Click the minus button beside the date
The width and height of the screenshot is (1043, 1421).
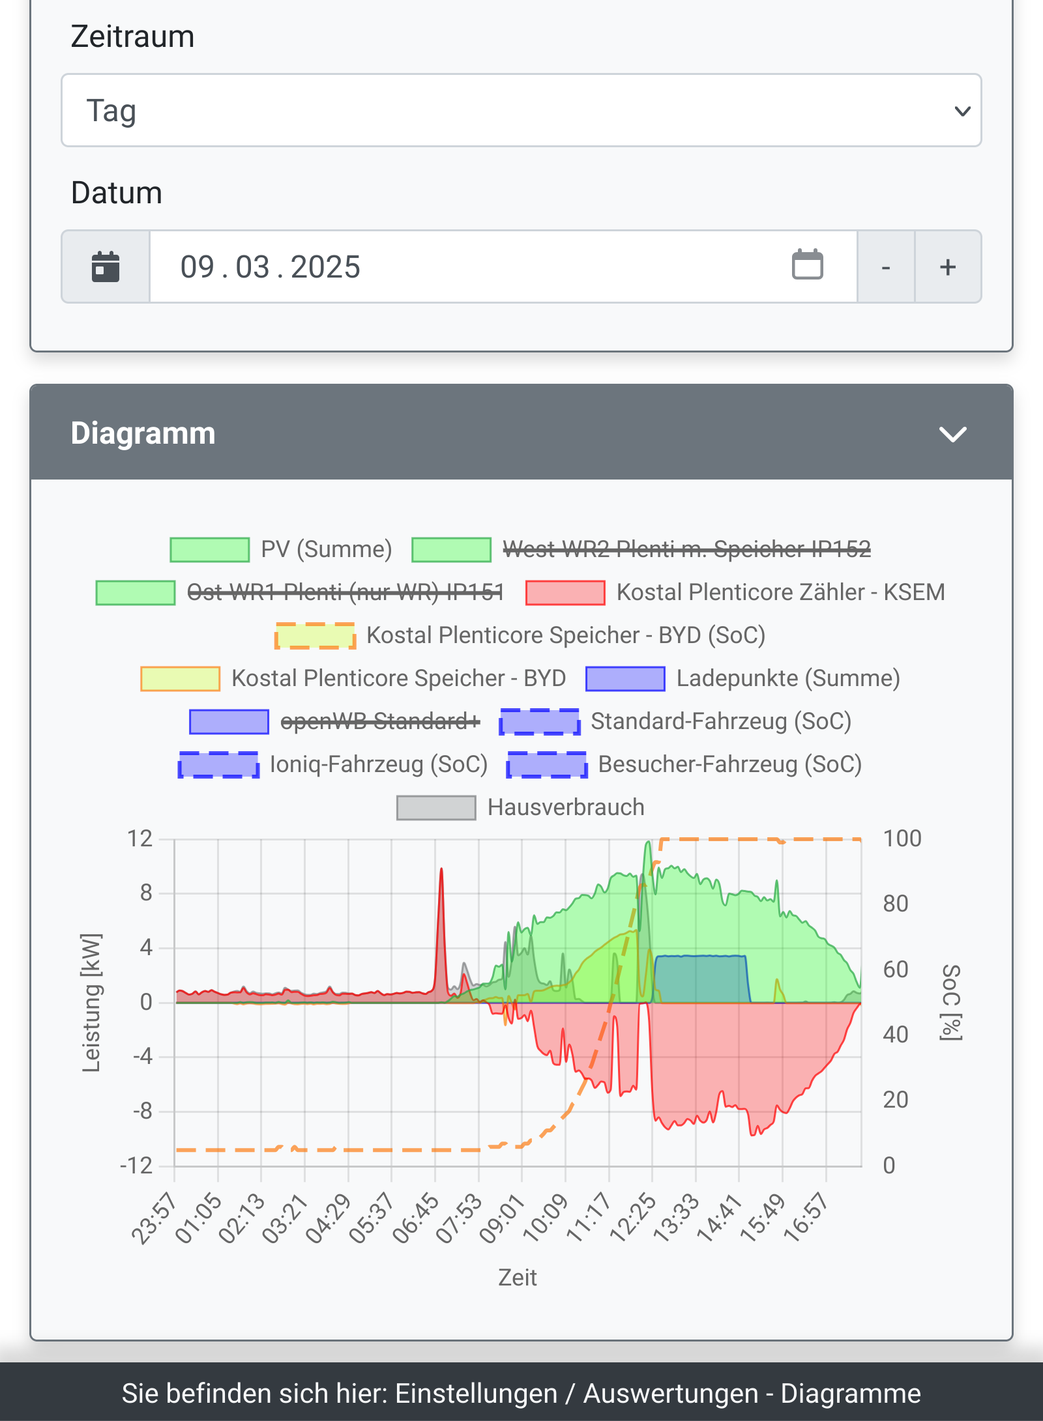pyautogui.click(x=885, y=267)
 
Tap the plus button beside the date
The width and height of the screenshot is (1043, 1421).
pyautogui.click(x=948, y=267)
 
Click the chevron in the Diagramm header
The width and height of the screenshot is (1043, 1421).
pyautogui.click(x=952, y=434)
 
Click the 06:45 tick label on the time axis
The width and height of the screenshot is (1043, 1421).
pyautogui.click(x=415, y=1218)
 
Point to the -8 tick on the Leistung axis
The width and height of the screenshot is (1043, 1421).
pyautogui.click(x=142, y=1111)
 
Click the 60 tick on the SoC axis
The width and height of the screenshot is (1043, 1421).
pyautogui.click(x=896, y=969)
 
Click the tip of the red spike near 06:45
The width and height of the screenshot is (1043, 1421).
pyautogui.click(x=441, y=870)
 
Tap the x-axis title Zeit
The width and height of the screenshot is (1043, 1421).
pyautogui.click(x=518, y=1278)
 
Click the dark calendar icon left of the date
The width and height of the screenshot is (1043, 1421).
pyautogui.click(x=106, y=267)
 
